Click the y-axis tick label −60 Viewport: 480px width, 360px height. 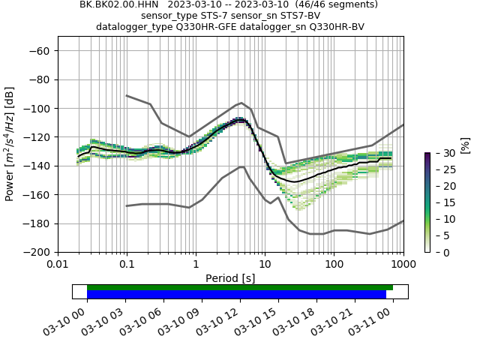(x=40, y=50)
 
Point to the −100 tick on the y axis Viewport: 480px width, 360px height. (x=37, y=108)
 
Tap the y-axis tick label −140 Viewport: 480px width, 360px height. (x=37, y=166)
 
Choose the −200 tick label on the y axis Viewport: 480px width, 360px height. (x=37, y=253)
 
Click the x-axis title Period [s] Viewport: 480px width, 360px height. (x=230, y=277)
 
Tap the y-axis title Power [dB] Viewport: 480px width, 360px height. (x=10, y=151)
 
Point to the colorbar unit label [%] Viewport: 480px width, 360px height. (x=465, y=145)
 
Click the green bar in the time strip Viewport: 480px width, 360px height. (x=240, y=287)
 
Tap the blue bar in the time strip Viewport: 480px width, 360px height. (x=236, y=295)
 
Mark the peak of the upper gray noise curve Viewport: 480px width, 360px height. (x=241, y=103)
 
